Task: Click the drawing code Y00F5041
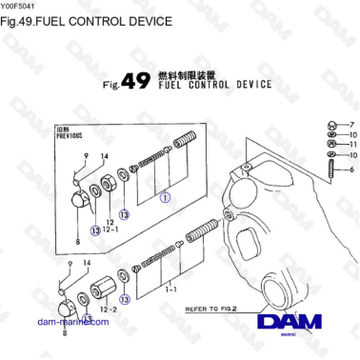pyautogui.click(x=19, y=6)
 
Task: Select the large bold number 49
pyautogui.click(x=135, y=82)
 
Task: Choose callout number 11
pyautogui.click(x=351, y=145)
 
